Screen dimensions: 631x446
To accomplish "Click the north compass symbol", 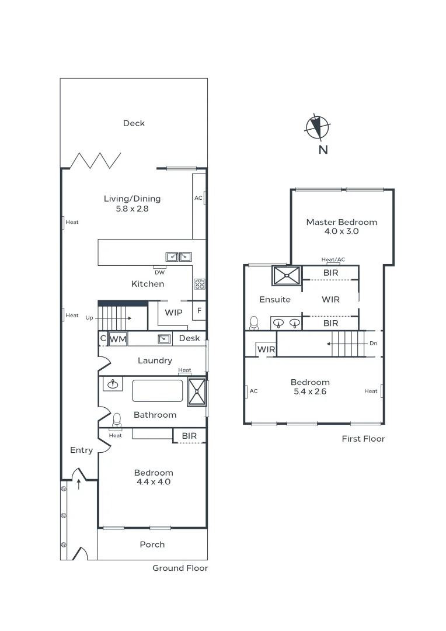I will tap(318, 127).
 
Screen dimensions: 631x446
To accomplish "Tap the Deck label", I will tap(134, 123).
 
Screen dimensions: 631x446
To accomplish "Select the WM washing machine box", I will tap(118, 339).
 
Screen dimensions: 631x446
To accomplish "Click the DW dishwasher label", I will tap(159, 272).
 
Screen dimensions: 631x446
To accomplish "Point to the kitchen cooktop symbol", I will tap(199, 284).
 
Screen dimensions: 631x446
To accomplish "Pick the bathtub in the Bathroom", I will tap(158, 391).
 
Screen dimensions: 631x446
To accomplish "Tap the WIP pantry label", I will tap(173, 313).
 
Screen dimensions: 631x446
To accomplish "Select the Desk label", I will tap(189, 338).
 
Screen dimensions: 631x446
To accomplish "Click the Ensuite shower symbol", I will tap(287, 275).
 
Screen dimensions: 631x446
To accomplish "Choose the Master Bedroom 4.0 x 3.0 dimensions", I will tap(341, 231).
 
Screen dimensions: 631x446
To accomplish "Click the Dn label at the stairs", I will tap(373, 344).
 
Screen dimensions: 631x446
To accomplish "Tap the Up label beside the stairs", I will tap(89, 318).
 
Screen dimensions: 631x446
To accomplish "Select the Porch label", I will tap(152, 545).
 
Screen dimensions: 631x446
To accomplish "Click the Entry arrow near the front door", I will tap(79, 484).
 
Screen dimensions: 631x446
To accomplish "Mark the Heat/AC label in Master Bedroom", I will tap(333, 259).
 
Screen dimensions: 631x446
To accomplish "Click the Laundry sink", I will tap(164, 339).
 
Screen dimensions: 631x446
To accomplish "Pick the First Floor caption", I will tap(363, 439).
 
